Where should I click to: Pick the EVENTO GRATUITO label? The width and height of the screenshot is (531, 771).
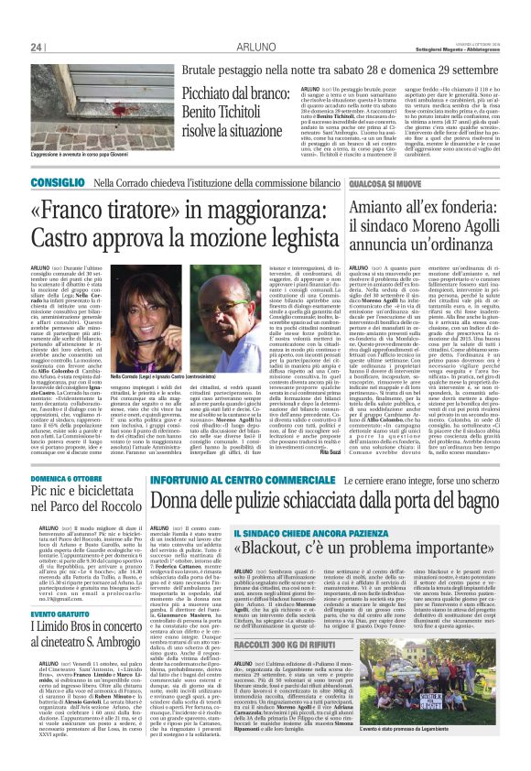(56, 630)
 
